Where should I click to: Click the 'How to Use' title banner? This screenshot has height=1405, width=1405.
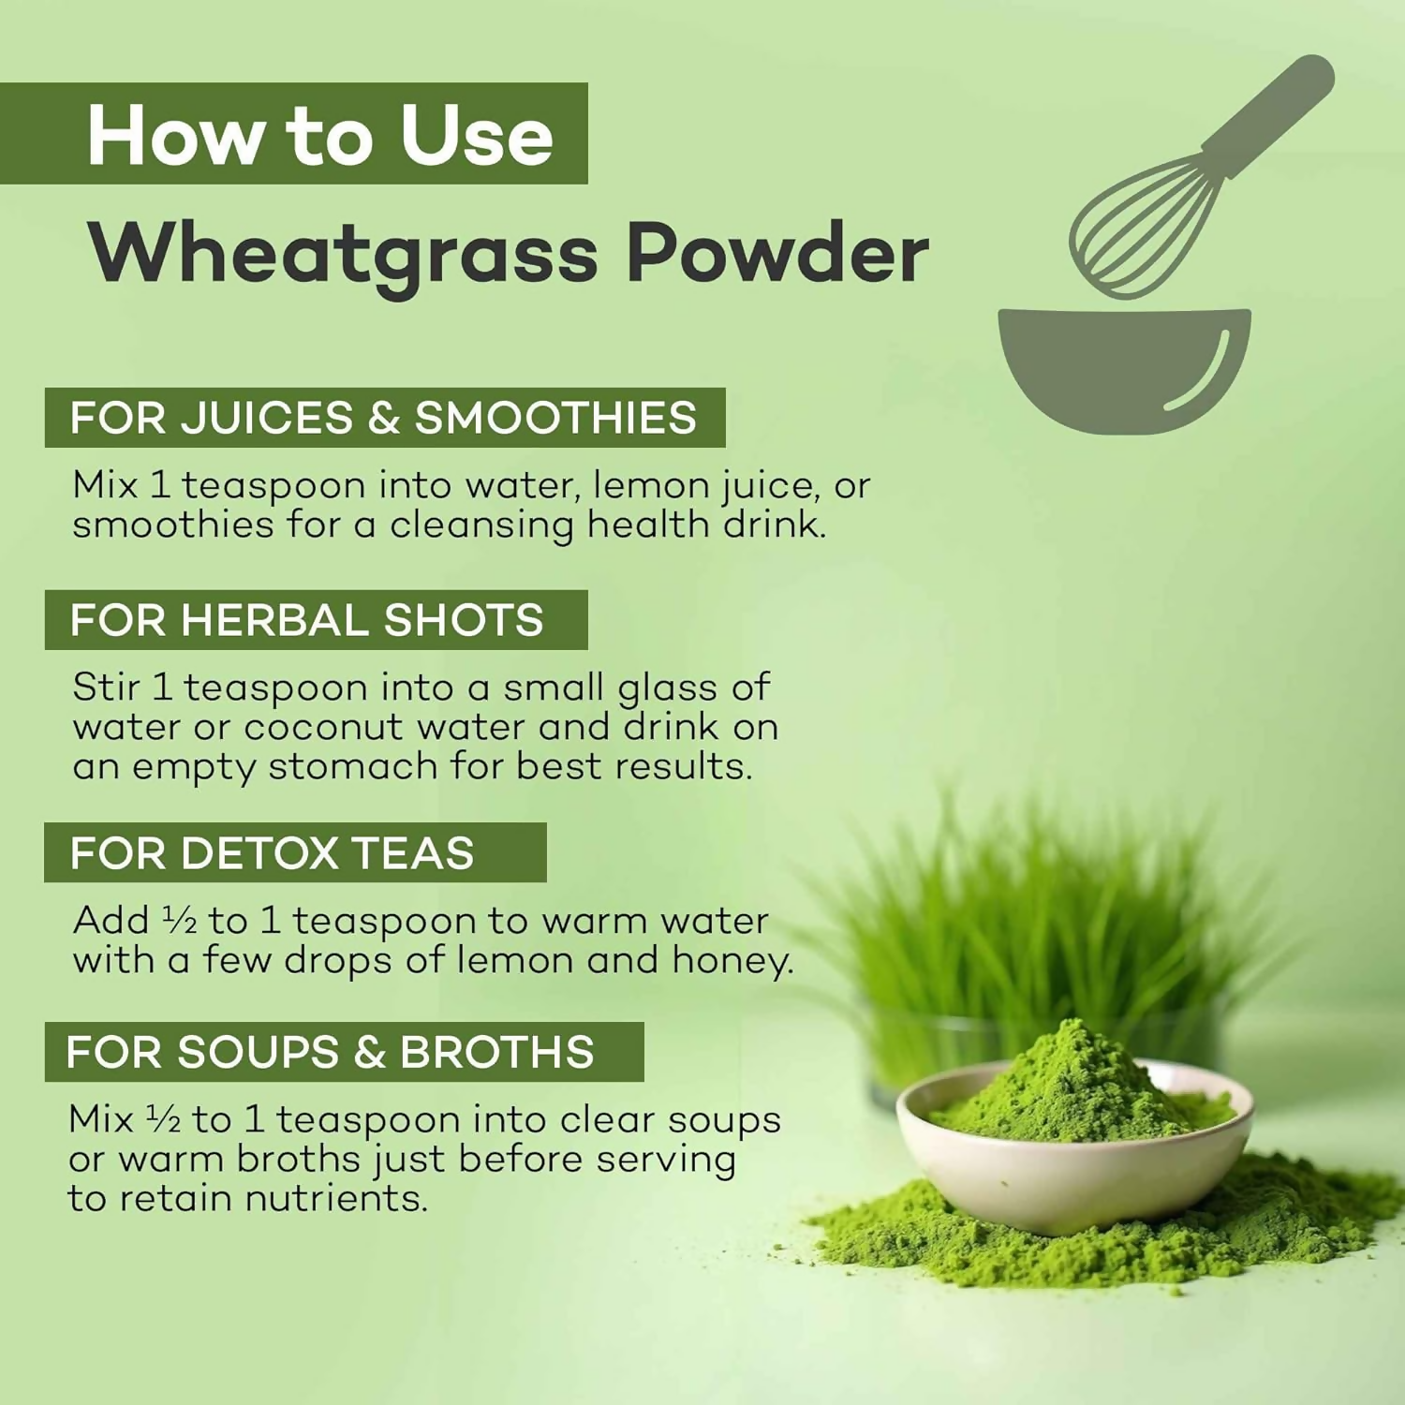[294, 134]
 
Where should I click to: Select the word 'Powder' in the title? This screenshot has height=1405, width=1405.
[777, 252]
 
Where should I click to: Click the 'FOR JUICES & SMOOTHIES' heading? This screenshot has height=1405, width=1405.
[385, 418]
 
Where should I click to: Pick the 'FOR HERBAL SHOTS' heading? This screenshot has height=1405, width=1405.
[317, 620]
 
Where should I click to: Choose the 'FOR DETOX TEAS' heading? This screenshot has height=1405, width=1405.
[295, 852]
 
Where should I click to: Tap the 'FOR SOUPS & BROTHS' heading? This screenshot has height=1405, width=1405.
[344, 1052]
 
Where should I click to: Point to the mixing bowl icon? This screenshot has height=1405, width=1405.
[1124, 370]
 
